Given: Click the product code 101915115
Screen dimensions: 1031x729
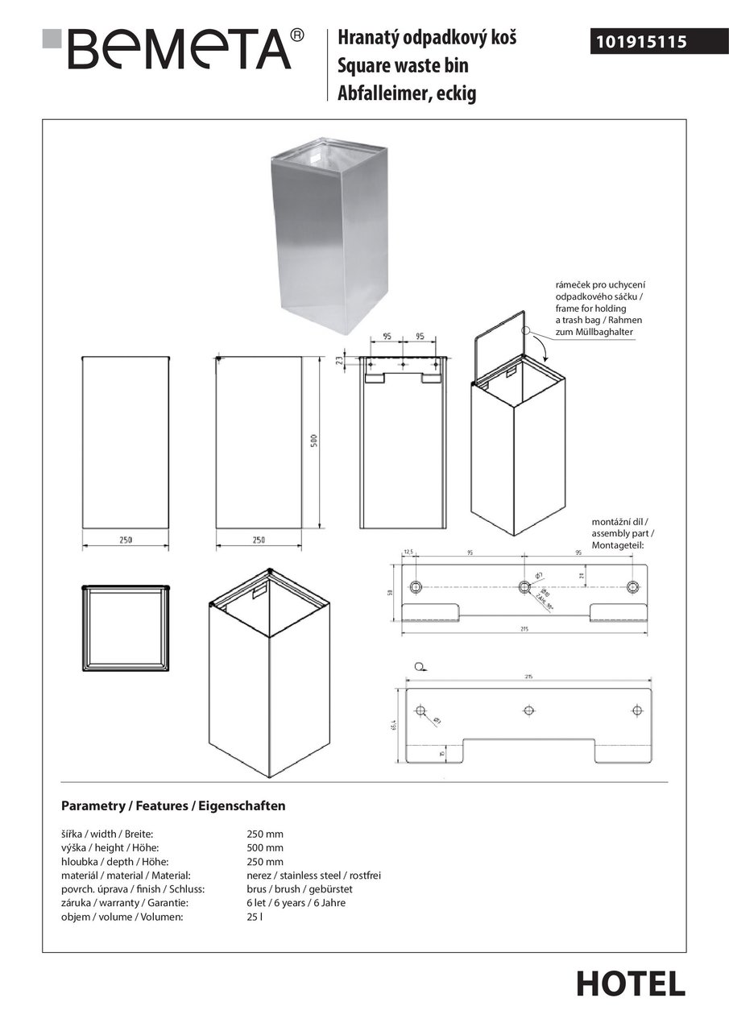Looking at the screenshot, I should pos(641,41).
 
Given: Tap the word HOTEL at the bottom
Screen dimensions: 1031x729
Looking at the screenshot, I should pos(631,983).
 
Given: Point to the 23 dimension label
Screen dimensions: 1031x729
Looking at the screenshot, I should pos(339,361).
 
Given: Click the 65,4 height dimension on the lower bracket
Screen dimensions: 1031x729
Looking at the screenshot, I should pos(395,727).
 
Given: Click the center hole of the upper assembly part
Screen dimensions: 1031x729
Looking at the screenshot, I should pos(524,586).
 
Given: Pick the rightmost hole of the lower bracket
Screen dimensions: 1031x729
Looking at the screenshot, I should pos(637,710).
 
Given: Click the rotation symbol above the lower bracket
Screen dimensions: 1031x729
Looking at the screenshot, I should pos(418,666).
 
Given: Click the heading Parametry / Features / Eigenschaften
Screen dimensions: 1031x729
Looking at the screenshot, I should pos(173,805).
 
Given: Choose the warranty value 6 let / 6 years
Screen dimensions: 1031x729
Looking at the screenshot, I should pos(296,903).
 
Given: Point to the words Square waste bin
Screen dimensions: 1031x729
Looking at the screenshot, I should pos(403,65).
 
